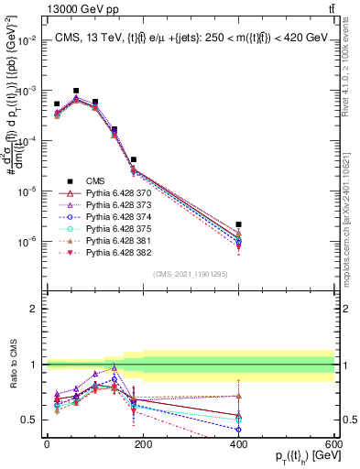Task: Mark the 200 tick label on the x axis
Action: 142,444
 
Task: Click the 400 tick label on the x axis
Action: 238,444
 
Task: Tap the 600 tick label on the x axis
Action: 333,444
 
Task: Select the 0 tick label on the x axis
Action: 47,444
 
